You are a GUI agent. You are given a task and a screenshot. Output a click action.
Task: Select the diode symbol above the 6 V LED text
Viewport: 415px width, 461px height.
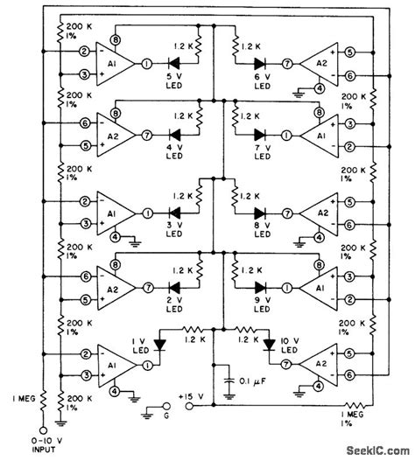260,64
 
